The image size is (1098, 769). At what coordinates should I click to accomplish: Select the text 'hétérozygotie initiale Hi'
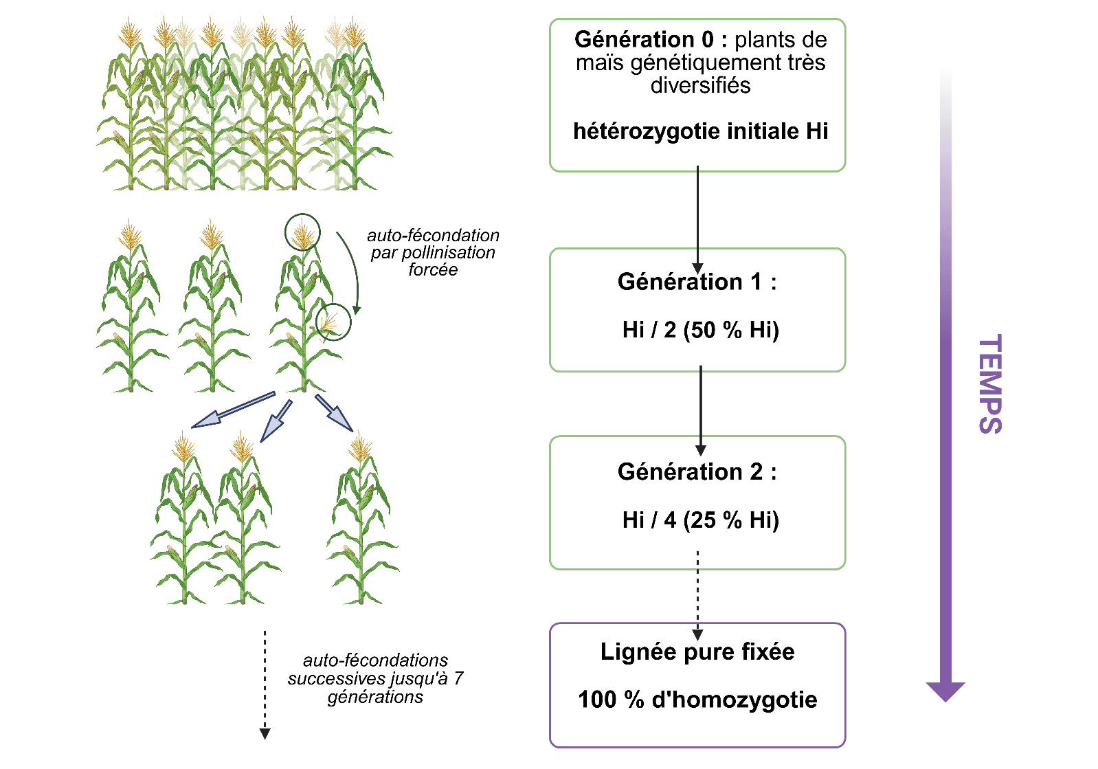(700, 131)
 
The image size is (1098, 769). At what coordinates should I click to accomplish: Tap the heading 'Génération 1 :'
(697, 282)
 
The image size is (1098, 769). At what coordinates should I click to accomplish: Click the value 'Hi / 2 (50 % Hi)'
(700, 330)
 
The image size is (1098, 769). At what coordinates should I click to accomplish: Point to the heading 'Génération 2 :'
(697, 472)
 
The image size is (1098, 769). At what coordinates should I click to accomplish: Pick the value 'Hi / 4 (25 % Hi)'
(700, 520)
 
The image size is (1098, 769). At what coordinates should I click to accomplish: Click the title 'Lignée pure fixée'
(697, 651)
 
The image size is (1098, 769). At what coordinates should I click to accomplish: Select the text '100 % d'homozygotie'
(697, 700)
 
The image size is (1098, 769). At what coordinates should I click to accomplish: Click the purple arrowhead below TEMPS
(945, 690)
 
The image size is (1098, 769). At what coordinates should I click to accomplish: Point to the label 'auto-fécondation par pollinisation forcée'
(433, 253)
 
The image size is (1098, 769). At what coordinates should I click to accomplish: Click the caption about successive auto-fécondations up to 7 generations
(375, 678)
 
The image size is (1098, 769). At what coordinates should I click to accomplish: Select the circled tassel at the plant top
(302, 232)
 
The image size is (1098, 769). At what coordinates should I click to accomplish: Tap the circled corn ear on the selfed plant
(333, 322)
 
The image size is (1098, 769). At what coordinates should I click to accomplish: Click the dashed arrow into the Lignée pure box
(697, 595)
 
